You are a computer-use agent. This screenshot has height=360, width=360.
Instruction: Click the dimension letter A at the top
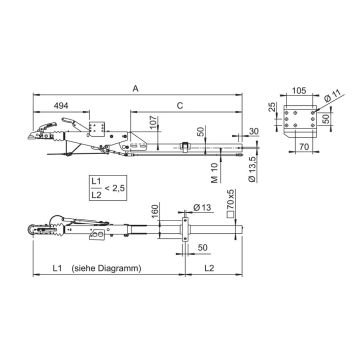135,88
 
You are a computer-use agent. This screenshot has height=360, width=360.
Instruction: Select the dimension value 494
60,103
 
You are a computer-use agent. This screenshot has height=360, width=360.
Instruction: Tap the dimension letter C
178,103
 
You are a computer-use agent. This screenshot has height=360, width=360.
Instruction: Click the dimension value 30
254,132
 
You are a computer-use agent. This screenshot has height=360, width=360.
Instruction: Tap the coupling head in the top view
45,227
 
